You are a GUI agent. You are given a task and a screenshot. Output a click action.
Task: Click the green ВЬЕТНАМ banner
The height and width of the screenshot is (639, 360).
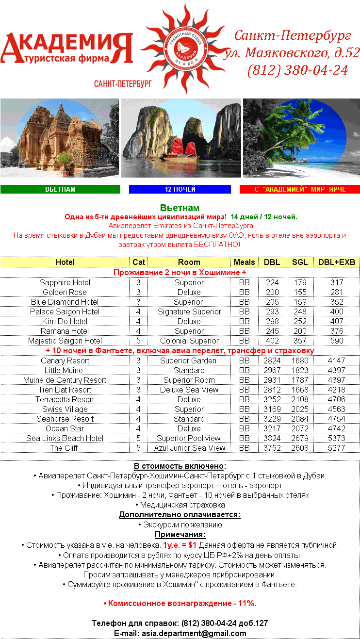coord(60,189)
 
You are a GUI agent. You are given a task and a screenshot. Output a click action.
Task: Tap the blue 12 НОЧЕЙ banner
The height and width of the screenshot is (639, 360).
coord(180,189)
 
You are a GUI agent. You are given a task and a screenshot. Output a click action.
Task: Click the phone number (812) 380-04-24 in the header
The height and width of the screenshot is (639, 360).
coord(297,70)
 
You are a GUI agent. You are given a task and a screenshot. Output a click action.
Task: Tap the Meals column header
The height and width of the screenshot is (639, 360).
coord(244,262)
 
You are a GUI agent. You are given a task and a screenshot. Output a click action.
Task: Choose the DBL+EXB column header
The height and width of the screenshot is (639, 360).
coord(336,262)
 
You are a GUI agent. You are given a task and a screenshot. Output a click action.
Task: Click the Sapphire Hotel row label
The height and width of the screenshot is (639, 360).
coord(65,282)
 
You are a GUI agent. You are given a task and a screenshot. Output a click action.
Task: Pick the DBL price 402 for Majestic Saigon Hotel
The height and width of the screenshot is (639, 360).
coord(272,341)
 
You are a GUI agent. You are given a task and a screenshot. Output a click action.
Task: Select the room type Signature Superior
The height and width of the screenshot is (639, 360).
coord(189,311)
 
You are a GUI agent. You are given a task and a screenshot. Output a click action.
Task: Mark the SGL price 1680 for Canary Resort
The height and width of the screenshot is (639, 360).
coord(300,360)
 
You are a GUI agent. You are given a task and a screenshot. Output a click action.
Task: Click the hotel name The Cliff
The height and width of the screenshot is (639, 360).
coord(64,448)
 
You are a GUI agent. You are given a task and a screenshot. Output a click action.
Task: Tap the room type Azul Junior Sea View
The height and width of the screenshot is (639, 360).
coord(189,448)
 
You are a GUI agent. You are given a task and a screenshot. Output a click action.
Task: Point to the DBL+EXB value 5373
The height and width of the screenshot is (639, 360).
coord(336,438)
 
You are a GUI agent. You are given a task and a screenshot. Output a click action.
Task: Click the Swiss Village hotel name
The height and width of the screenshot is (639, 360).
coord(65,409)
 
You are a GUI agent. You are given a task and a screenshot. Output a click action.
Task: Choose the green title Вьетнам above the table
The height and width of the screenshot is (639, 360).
coord(180,208)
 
